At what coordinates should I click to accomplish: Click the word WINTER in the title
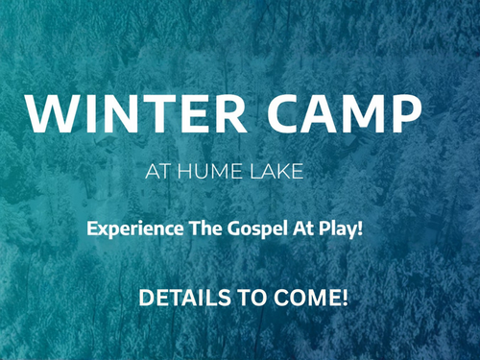coord(136,114)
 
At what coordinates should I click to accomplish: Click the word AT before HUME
coord(157,172)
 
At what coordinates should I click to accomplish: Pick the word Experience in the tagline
coord(135,229)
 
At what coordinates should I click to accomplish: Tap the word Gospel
coord(257,229)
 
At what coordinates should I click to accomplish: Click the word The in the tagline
coord(205,228)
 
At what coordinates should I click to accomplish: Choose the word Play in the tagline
coord(337,229)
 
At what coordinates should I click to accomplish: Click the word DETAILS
coord(184,298)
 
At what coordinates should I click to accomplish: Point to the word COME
coord(306,298)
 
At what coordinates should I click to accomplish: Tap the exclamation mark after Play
coord(360,228)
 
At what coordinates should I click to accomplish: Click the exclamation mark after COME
coord(345,298)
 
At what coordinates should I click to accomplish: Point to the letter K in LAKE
coord(283,172)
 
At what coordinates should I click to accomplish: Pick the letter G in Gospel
coord(233,228)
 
